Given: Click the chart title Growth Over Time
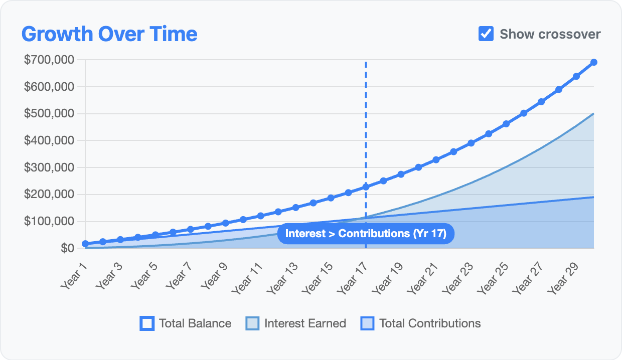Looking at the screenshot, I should [x=109, y=34].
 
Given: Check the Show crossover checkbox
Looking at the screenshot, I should [x=486, y=34].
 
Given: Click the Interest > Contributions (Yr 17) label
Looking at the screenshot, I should [x=366, y=234].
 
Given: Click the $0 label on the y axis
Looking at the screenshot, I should [x=67, y=248].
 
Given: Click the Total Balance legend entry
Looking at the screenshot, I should [x=186, y=323].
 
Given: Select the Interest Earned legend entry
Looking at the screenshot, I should [x=295, y=323].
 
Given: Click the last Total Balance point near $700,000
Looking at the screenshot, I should [x=594, y=62].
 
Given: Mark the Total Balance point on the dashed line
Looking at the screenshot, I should [x=366, y=187].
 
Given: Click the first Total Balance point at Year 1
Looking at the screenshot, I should [x=85, y=244].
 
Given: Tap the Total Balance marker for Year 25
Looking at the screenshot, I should [x=506, y=123].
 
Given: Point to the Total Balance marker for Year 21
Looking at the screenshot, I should [x=436, y=159].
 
